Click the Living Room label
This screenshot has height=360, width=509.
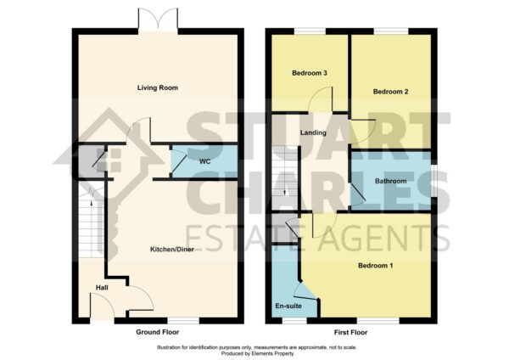[x=158, y=87]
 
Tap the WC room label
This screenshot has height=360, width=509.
[x=204, y=161]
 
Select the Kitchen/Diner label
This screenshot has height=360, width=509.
[x=172, y=250]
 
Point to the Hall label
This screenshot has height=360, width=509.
[x=102, y=288]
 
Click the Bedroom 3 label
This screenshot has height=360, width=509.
[x=310, y=73]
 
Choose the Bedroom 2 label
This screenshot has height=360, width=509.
[x=390, y=92]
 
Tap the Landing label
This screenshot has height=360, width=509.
[x=313, y=132]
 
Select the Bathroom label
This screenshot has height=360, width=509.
[x=390, y=181]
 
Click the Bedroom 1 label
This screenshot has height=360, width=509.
[x=375, y=266]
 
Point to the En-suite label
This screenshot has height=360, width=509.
[x=288, y=306]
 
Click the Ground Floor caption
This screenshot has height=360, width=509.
[x=158, y=332]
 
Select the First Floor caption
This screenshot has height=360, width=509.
[x=351, y=332]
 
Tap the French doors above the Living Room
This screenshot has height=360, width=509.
[x=158, y=20]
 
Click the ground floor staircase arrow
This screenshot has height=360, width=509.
[x=92, y=204]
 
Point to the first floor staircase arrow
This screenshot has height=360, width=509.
[x=285, y=192]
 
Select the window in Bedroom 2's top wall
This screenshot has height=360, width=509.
[x=391, y=31]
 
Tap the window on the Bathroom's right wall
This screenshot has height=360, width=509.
[x=434, y=181]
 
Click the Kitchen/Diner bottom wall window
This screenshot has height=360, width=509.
[x=183, y=320]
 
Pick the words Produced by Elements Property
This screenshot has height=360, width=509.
[x=257, y=353]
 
